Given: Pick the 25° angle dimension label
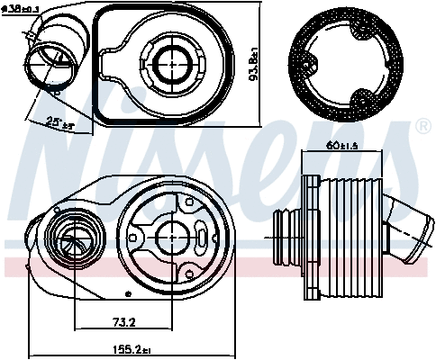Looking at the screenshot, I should coord(39,124).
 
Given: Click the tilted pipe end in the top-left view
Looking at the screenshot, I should coord(44,64).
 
